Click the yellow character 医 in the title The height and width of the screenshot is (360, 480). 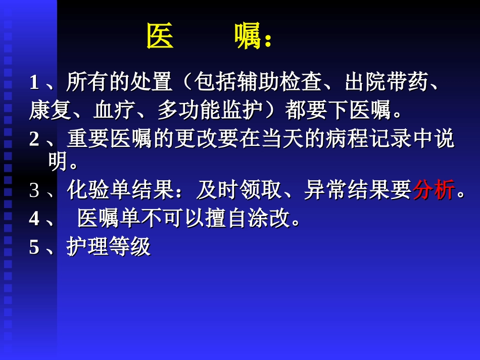160,37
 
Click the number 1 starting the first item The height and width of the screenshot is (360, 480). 34,82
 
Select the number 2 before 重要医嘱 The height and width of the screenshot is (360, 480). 34,139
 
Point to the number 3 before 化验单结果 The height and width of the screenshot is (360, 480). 34,191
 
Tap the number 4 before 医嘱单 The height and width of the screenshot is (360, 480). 34,219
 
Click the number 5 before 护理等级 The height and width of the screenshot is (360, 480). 34,247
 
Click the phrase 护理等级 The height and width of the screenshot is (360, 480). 109,247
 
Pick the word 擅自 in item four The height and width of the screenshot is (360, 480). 226,219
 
